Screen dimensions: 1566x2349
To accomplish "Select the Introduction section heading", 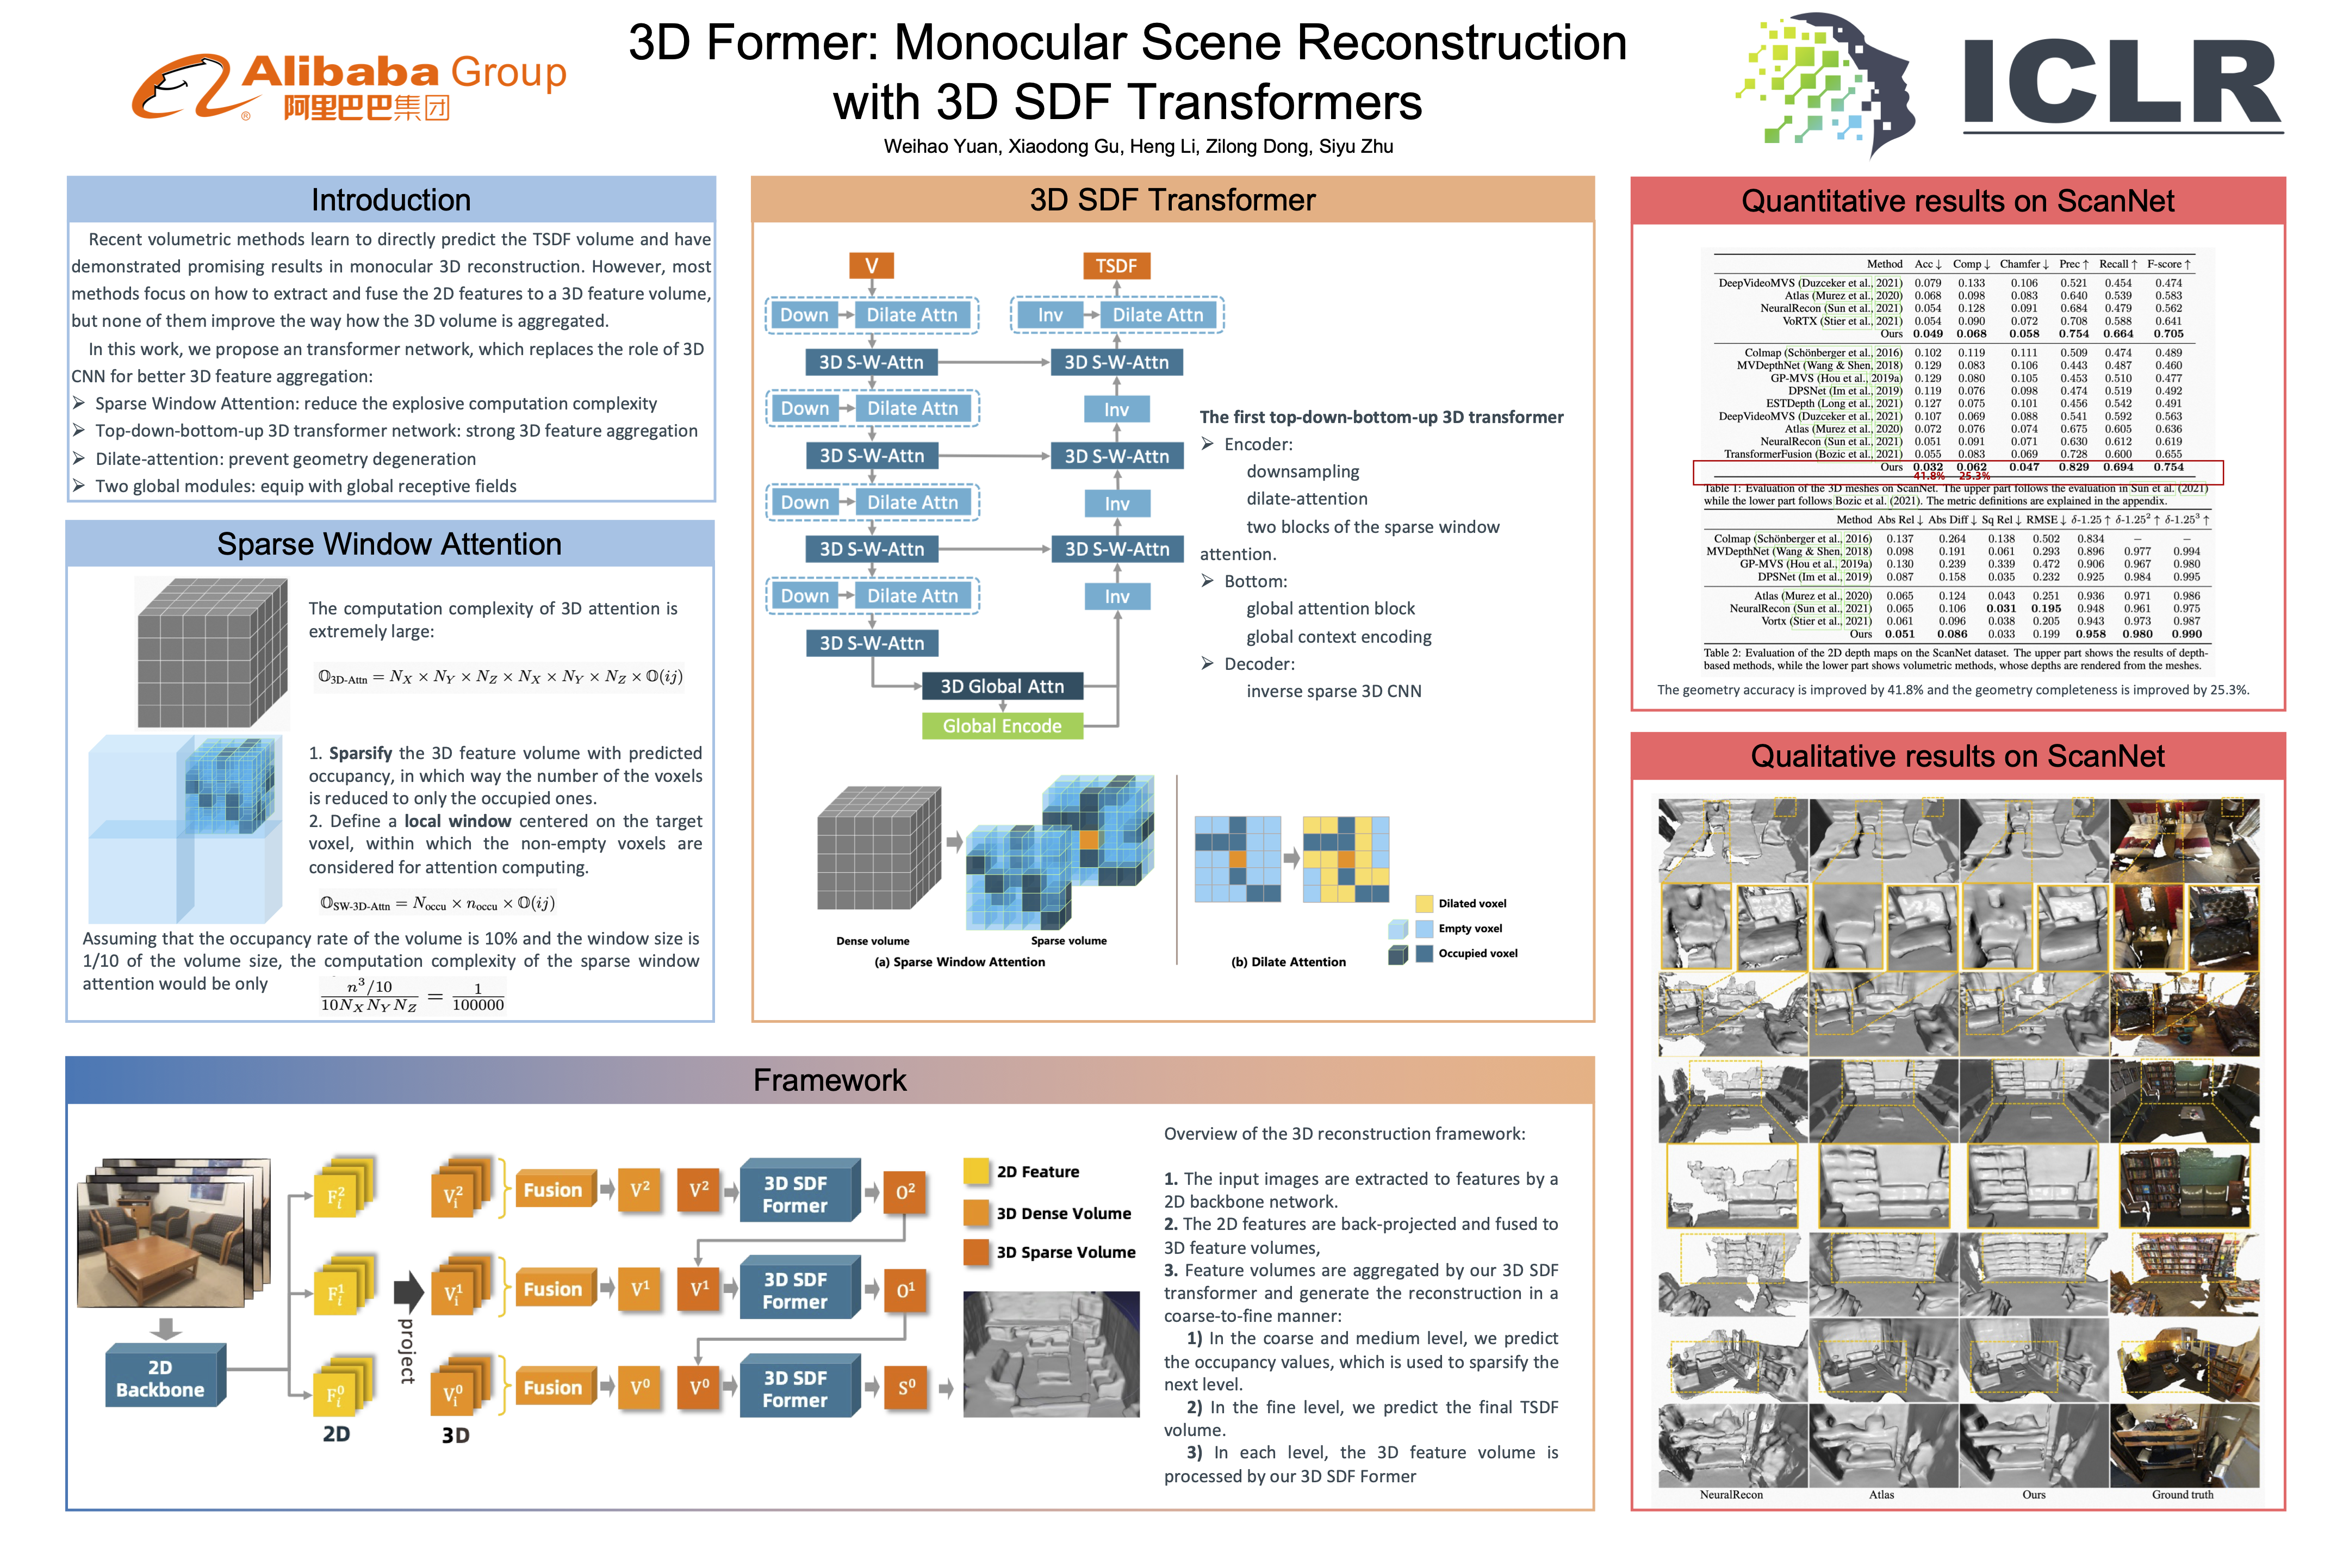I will [x=390, y=200].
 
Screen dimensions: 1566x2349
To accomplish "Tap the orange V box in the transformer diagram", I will [x=871, y=266].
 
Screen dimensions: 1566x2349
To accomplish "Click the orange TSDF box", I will [x=1116, y=266].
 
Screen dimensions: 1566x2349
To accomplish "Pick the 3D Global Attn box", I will [x=1002, y=686].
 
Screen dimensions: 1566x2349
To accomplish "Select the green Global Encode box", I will [x=1002, y=726].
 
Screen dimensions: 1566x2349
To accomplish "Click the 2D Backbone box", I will [x=160, y=1378].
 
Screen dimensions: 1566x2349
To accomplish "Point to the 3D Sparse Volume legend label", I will [x=1066, y=1252].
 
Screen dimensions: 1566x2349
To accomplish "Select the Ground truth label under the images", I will [x=2182, y=1495].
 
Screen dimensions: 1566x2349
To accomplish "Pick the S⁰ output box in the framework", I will [x=906, y=1387].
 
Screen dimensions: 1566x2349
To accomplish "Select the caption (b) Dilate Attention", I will [x=1288, y=962].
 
